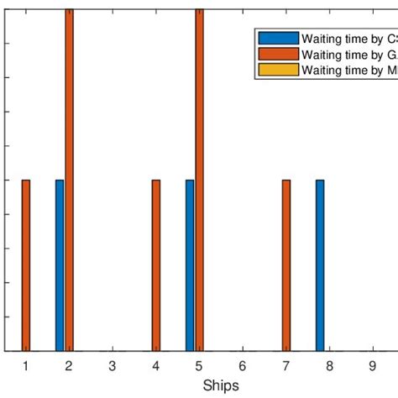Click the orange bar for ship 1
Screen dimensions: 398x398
[x=26, y=265]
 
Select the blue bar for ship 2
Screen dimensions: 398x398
[x=60, y=265]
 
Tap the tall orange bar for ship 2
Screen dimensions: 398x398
[x=69, y=180]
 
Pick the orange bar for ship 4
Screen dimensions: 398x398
[x=156, y=265]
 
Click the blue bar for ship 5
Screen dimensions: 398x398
[x=190, y=265]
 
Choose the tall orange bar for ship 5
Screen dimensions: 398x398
[x=199, y=180]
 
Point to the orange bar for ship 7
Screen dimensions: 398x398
[x=286, y=265]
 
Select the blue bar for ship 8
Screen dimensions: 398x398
[x=320, y=265]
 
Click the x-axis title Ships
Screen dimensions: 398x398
[x=220, y=385]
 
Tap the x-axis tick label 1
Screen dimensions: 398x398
[x=25, y=365]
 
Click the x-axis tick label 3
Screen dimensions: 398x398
[x=112, y=365]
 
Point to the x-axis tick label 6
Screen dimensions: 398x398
[x=242, y=365]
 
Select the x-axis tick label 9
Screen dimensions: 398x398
[x=372, y=365]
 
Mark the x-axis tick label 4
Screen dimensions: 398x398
[x=155, y=365]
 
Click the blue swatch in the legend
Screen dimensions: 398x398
[x=278, y=39]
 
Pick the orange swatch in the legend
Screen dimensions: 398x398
[x=278, y=55]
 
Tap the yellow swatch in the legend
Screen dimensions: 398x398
[x=278, y=71]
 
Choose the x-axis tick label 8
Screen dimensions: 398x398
[x=329, y=365]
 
